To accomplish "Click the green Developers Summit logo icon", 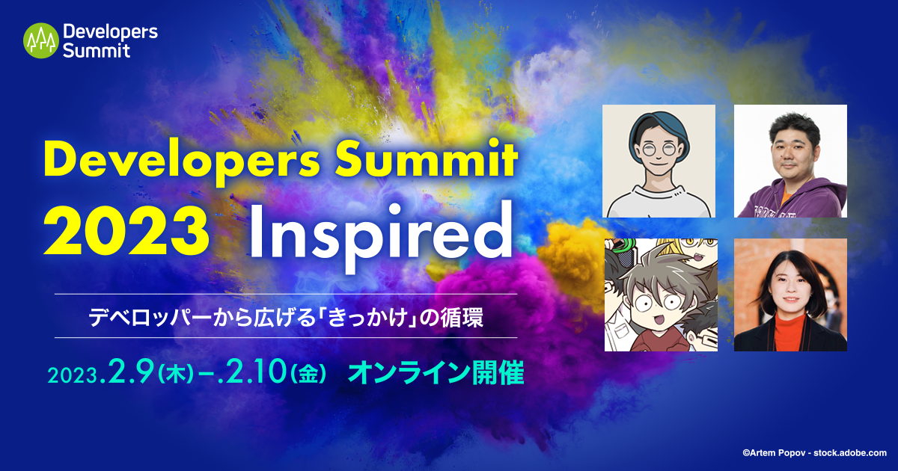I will tap(40, 40).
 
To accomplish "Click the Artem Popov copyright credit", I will tap(813, 452).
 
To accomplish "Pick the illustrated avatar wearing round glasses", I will tap(659, 161).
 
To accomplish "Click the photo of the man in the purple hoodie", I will tap(790, 161).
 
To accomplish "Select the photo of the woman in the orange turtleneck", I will tap(790, 295).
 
